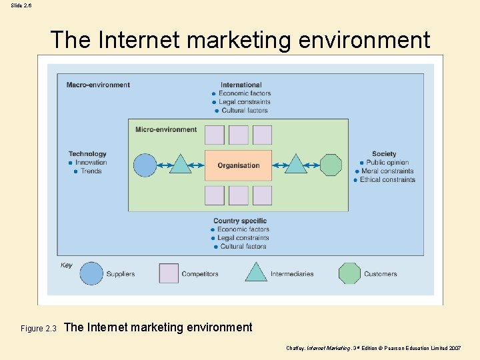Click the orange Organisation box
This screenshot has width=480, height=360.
pos(238,165)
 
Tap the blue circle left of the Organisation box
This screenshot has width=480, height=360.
pos(145,165)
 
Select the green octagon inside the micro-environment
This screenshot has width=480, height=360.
pos(331,165)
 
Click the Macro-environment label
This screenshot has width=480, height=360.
pos(98,85)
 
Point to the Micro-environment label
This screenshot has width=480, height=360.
pos(166,129)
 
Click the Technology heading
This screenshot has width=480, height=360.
pos(87,154)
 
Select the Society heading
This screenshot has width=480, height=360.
pos(384,154)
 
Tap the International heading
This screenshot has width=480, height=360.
pos(241,85)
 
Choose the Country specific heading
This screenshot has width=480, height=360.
pos(240,221)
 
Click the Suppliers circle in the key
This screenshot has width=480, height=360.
pos(91,273)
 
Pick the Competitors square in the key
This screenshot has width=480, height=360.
pos(169,273)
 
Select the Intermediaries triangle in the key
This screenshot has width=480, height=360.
pos(256,273)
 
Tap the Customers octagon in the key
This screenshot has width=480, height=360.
pos(349,273)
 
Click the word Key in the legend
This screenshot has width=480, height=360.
pos(67,265)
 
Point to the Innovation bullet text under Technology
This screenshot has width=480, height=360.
pos(91,163)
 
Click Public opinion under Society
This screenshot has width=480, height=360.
pos(387,163)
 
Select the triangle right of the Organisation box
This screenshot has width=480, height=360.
pos(296,164)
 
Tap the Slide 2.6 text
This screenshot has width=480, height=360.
pos(21,5)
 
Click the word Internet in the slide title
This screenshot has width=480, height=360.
pos(139,41)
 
